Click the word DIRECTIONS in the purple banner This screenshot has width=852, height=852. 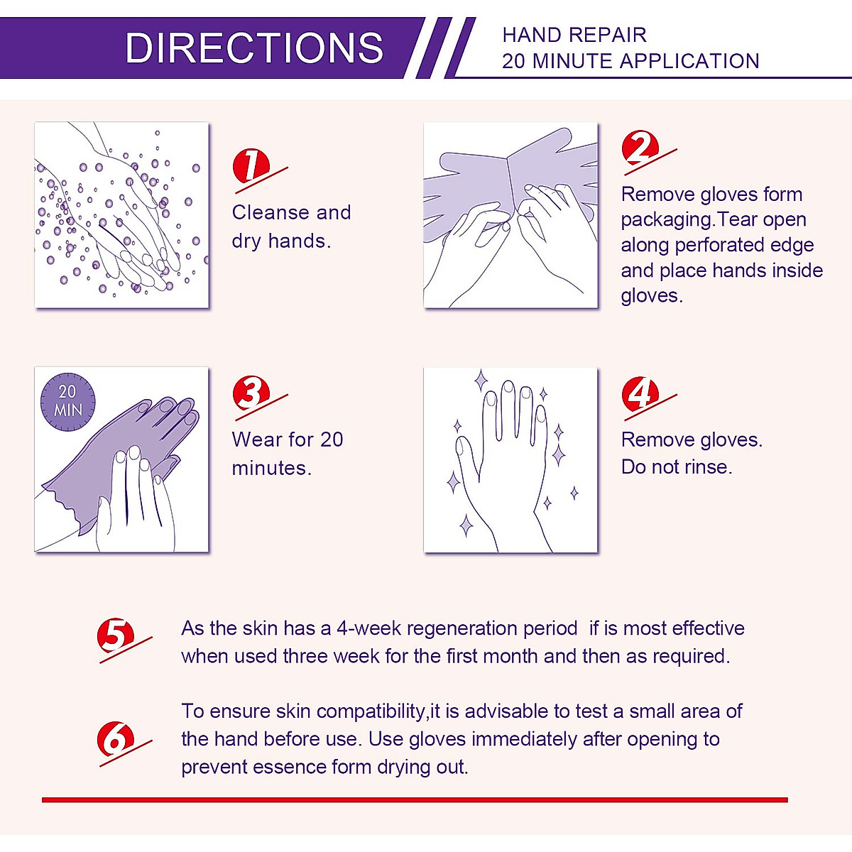point(254,48)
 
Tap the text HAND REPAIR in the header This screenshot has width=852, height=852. point(574,35)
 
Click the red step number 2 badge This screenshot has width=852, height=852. point(640,148)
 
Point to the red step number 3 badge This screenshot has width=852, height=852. point(251,393)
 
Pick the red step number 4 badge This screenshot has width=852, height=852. point(640,393)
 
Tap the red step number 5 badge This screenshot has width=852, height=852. point(116,635)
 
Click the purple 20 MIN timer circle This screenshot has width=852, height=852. point(67,402)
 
